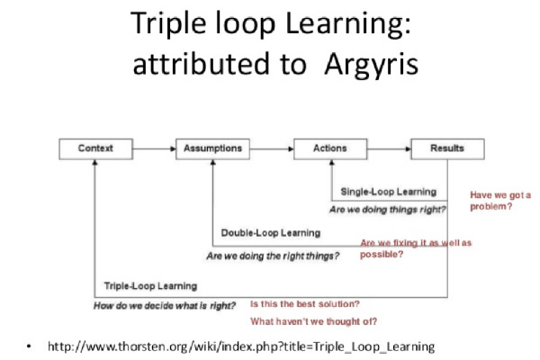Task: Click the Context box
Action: (94, 148)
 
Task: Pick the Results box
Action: (447, 148)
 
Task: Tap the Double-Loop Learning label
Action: (270, 233)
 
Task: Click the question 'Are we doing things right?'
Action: (388, 210)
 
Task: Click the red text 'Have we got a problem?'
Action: (500, 200)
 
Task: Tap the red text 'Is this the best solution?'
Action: (305, 303)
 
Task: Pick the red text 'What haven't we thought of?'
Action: (313, 321)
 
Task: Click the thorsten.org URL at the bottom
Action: (241, 346)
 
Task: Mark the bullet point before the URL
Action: (30, 346)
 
